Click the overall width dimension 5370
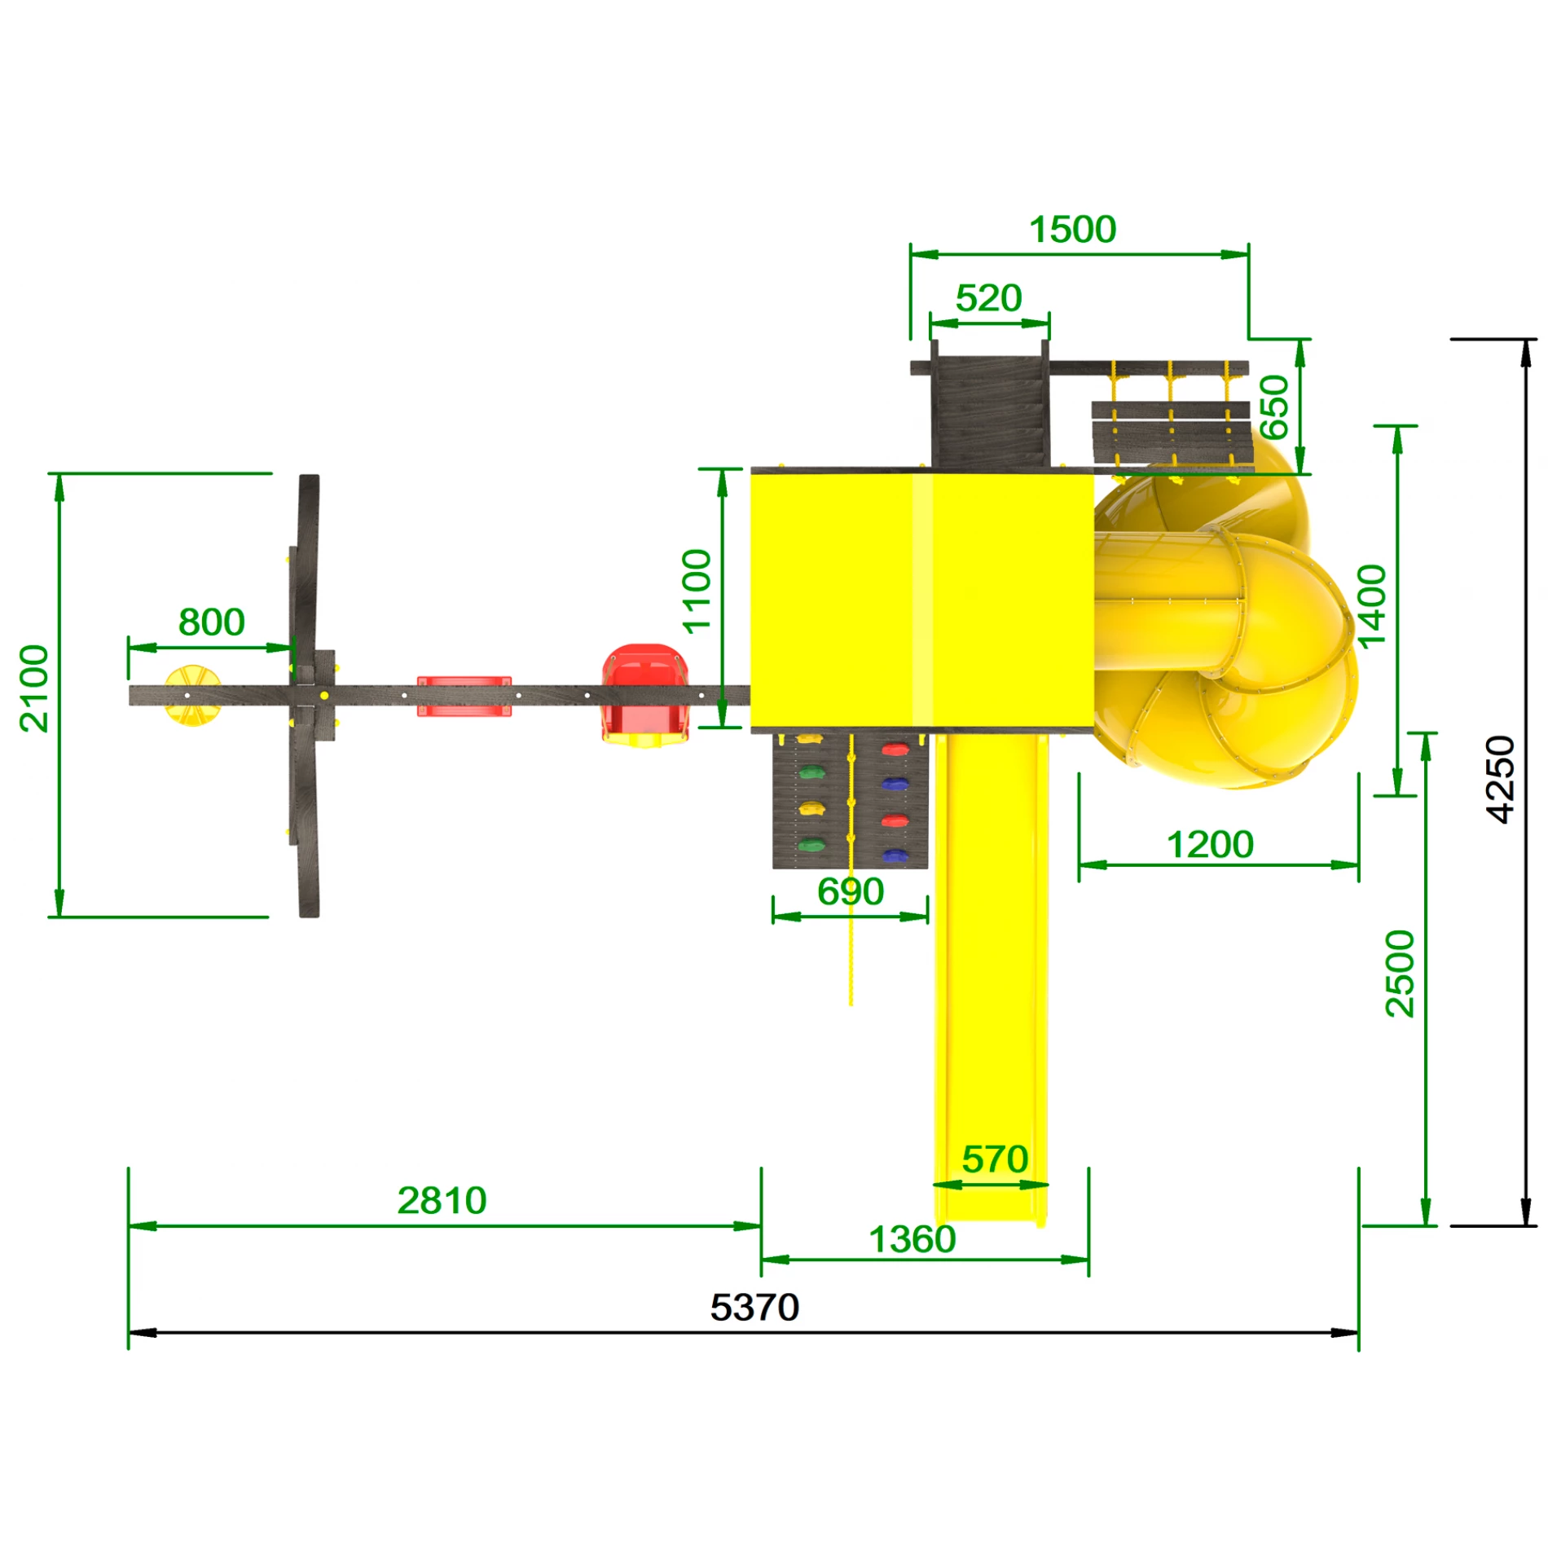click(x=754, y=1308)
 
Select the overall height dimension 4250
click(x=1500, y=780)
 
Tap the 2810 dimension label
click(x=442, y=1200)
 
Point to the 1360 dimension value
click(x=913, y=1239)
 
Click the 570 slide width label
click(x=995, y=1159)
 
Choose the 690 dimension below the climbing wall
click(x=851, y=891)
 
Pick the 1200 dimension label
click(x=1210, y=845)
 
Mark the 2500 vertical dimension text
click(x=1400, y=974)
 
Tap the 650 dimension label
click(x=1274, y=407)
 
